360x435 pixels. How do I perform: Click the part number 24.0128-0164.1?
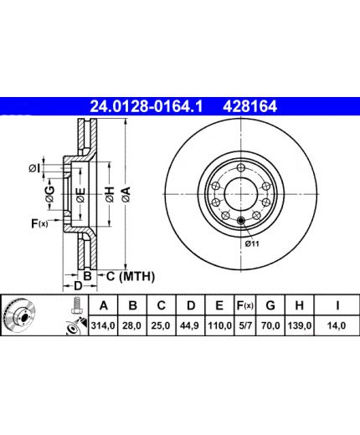click(146, 106)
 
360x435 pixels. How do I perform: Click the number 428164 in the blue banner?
click(249, 106)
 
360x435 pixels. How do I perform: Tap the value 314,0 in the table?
click(103, 325)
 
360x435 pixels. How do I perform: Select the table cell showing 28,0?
click(132, 325)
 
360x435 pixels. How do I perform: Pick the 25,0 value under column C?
click(161, 325)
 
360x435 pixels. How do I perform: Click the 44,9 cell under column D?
click(190, 325)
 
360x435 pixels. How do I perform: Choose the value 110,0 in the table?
click(219, 325)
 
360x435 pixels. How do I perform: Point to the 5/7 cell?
click(245, 325)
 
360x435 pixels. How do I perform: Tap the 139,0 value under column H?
click(300, 325)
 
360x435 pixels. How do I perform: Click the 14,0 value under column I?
click(337, 325)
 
